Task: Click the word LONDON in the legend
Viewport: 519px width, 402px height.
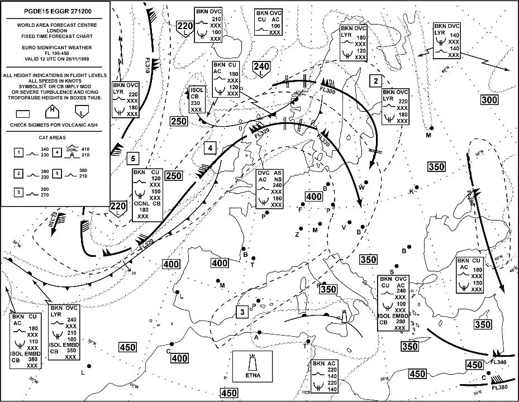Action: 55,31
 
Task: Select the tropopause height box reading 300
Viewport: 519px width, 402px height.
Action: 489,99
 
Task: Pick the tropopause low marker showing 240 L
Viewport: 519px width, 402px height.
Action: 261,69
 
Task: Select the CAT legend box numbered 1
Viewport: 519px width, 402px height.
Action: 18,152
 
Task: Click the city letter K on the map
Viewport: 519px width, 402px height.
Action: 411,192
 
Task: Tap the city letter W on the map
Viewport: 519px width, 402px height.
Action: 361,188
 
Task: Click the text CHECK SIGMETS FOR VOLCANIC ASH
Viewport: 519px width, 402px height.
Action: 54,124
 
